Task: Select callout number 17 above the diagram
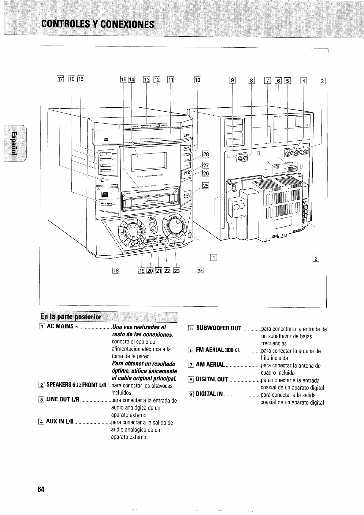60,80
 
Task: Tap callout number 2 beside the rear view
316,258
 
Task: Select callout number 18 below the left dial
116,270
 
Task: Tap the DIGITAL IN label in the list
209,394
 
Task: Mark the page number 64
41,489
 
